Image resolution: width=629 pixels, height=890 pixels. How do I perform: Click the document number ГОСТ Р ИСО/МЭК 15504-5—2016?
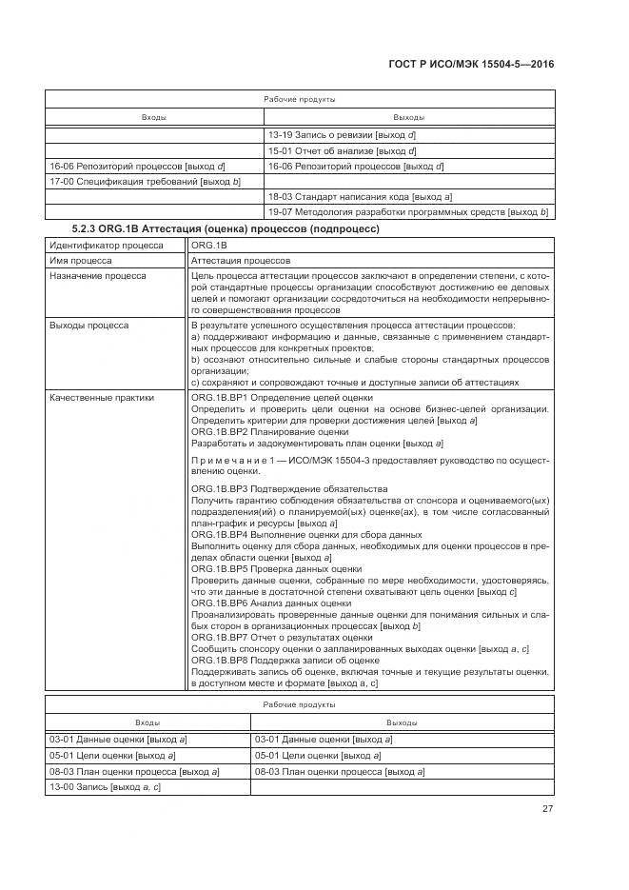[472, 64]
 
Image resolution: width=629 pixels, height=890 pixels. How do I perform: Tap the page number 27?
[547, 809]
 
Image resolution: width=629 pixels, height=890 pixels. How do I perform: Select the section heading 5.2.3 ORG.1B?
[226, 229]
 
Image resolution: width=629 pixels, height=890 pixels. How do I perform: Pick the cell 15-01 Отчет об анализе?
[343, 150]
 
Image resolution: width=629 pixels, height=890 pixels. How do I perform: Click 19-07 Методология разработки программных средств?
[408, 211]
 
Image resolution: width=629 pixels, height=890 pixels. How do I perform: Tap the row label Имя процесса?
[81, 260]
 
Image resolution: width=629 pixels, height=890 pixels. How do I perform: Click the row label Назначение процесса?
[96, 275]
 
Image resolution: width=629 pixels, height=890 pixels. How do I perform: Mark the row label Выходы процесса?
[88, 326]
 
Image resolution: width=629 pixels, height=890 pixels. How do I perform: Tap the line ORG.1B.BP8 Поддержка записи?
[285, 660]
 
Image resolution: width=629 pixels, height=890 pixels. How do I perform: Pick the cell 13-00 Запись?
[105, 787]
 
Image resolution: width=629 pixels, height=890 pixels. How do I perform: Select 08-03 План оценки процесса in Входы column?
[134, 771]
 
